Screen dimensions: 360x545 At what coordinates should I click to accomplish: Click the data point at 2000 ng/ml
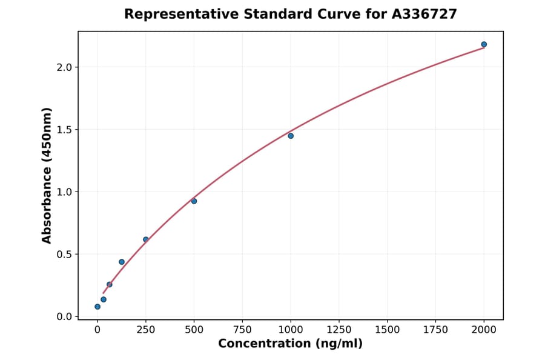484,44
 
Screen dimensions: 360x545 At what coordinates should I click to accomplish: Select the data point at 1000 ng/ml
291,136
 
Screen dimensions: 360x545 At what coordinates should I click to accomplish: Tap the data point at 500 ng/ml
194,201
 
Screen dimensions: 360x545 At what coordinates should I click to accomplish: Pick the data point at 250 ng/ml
146,239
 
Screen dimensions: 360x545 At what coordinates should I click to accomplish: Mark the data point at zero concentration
97,307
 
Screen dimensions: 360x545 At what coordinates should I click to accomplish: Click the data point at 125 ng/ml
122,262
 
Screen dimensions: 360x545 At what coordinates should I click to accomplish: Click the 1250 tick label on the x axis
339,330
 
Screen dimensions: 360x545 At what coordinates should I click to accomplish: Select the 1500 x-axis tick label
388,330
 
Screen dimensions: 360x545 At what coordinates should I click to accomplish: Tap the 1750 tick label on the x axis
435,330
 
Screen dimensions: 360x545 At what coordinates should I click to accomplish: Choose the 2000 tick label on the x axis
484,330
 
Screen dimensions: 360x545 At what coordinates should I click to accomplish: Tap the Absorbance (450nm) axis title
47,175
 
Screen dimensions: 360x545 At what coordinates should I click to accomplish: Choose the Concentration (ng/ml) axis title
290,344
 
